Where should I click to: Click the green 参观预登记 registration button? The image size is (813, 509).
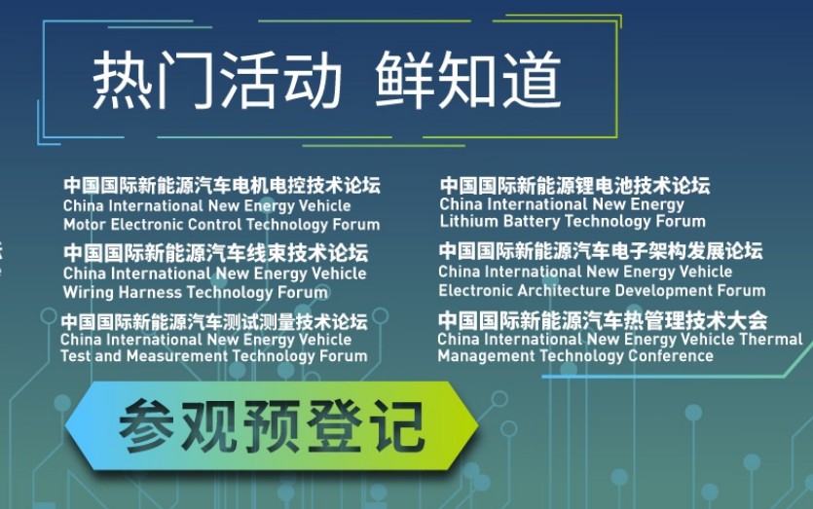272,426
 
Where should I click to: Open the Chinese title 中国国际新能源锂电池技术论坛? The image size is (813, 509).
574,185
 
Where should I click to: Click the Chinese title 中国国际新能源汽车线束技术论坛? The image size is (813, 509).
216,253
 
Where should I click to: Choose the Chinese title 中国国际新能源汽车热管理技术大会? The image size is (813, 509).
603,320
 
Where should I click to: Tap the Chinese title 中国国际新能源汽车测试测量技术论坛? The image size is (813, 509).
214,322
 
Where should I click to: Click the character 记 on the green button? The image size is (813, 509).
399,426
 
